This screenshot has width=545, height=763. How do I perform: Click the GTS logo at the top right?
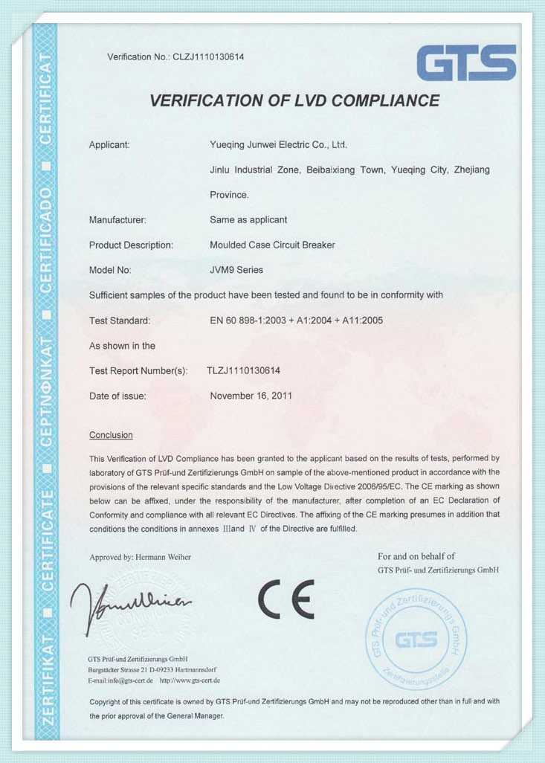pos(466,62)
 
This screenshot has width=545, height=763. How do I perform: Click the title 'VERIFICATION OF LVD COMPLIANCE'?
pos(295,100)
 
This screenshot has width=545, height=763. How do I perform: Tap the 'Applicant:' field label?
pos(109,144)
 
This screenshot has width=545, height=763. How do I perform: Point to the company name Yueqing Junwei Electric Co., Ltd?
pos(279,144)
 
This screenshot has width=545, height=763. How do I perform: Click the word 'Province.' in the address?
pos(229,195)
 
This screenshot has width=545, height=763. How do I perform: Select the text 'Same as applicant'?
pos(248,219)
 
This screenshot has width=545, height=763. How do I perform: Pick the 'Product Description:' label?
pos(131,245)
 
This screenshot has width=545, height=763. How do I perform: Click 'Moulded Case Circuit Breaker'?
pos(272,245)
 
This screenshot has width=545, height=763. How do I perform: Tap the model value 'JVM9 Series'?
pos(236,270)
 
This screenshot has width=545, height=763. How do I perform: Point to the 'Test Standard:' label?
pos(120,321)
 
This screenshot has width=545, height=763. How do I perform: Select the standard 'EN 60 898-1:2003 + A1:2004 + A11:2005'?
pos(297,321)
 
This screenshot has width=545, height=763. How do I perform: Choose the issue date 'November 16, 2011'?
pos(251,396)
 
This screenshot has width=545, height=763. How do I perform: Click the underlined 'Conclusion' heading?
pos(111,435)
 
